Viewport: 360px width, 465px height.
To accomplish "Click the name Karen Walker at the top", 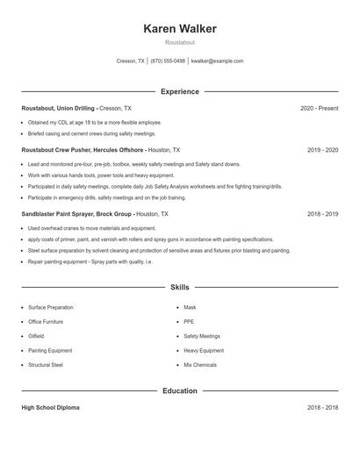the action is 179,28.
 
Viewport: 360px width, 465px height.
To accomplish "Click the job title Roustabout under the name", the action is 179,42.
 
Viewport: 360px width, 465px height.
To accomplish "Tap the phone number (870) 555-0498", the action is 168,61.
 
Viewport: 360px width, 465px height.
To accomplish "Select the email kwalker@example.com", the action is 217,61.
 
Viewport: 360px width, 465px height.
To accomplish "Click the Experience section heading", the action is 179,91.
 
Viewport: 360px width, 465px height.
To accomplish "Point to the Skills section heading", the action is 179,287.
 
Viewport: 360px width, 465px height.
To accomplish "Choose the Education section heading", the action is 179,390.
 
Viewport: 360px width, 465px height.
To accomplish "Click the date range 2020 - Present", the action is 319,108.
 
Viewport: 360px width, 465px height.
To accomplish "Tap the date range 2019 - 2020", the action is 322,150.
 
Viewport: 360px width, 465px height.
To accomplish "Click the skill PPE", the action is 189,321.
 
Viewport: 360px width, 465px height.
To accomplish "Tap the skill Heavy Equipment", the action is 204,350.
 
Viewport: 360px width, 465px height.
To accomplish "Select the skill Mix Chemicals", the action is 201,364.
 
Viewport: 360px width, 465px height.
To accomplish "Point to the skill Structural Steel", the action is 46,364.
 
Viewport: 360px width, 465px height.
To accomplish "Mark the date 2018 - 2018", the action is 322,408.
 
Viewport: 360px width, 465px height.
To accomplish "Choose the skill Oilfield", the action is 37,335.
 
